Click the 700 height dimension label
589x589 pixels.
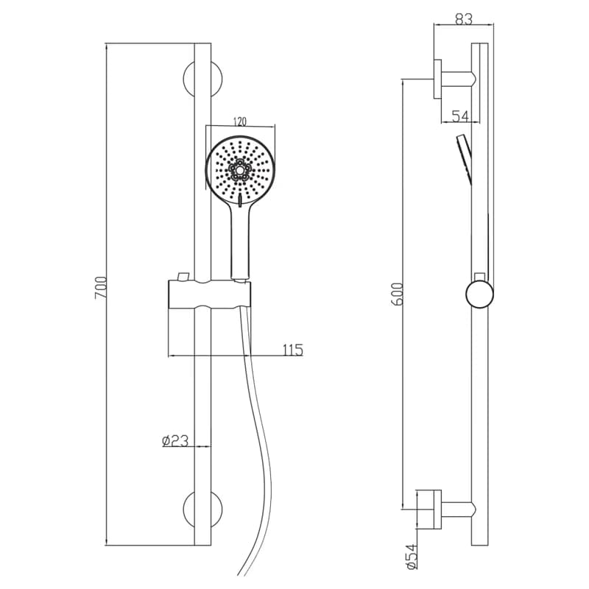101,288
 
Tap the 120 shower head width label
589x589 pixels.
240,121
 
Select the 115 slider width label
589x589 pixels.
292,350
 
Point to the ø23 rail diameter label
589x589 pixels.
175,440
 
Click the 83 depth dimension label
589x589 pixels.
464,19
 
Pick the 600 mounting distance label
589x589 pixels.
397,294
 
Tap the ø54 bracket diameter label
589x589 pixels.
412,557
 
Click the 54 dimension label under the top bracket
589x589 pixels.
460,116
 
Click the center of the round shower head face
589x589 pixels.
240,170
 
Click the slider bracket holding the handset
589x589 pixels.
209,294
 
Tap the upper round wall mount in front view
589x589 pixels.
203,79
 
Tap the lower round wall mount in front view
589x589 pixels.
203,509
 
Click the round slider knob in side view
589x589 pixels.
480,294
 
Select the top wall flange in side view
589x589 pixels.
437,79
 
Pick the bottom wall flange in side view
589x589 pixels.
437,509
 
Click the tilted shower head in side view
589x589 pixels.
465,160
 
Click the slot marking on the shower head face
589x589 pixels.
240,200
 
